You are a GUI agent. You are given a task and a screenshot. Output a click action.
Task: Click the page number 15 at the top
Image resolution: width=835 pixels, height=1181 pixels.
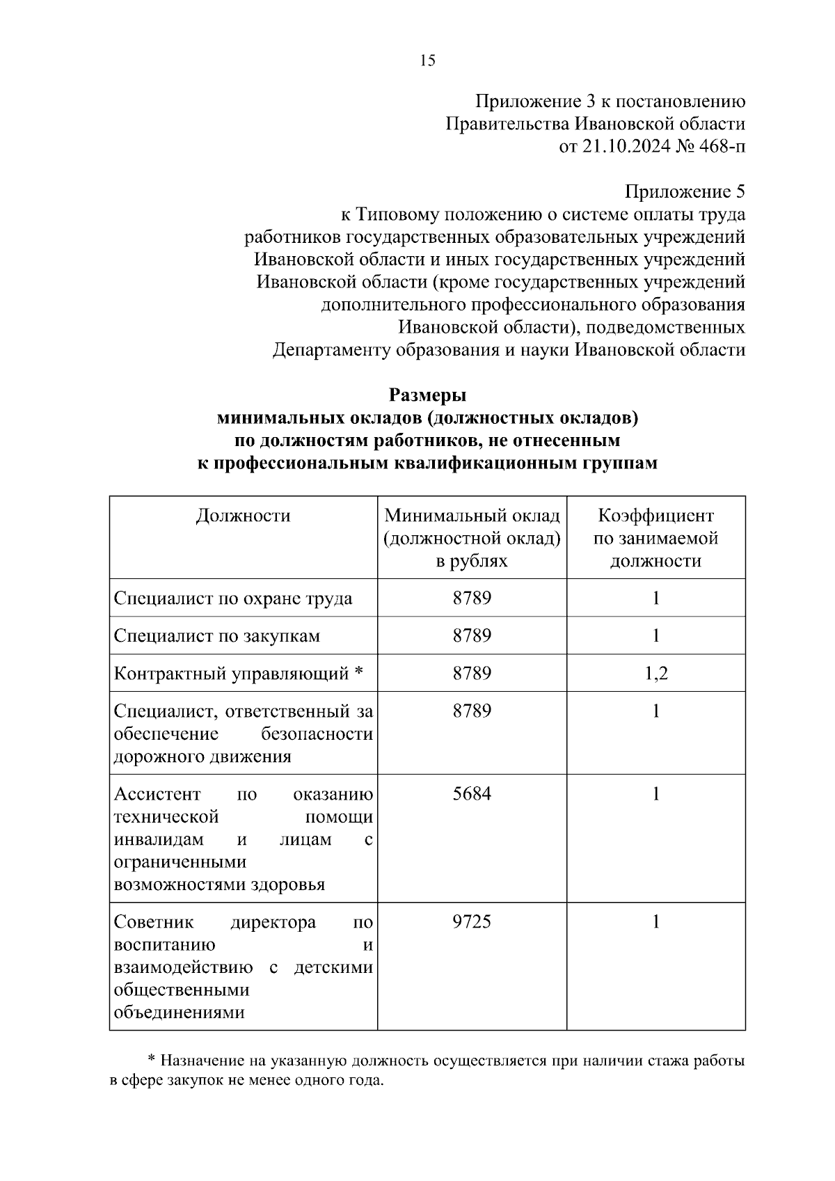pyautogui.click(x=427, y=61)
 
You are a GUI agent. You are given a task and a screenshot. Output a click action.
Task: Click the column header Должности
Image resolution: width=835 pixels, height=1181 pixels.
pyautogui.click(x=243, y=516)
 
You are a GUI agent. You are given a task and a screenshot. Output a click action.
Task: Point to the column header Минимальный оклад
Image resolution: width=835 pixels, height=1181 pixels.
pyautogui.click(x=472, y=516)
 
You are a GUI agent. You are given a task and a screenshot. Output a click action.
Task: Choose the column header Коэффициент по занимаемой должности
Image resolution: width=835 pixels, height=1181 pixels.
pyautogui.click(x=655, y=538)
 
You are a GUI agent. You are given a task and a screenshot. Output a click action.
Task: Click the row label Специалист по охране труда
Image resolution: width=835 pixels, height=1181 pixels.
pyautogui.click(x=233, y=599)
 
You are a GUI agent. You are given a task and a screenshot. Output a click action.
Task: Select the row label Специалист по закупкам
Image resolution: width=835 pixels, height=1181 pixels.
pyautogui.click(x=216, y=636)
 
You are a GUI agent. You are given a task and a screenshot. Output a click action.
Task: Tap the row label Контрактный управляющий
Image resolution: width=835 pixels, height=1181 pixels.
pyautogui.click(x=231, y=674)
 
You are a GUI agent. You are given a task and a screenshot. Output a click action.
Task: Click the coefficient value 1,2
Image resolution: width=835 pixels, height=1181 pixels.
pyautogui.click(x=655, y=674)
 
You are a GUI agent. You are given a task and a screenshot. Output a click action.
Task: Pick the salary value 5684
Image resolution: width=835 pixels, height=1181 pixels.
pyautogui.click(x=472, y=795)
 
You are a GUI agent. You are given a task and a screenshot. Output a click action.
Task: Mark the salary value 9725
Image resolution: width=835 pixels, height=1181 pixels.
pyautogui.click(x=472, y=922)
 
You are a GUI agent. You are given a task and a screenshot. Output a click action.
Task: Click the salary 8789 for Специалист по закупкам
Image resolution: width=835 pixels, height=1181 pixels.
pyautogui.click(x=472, y=636)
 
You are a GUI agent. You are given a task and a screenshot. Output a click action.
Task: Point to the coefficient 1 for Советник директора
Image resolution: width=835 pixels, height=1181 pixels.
pyautogui.click(x=655, y=922)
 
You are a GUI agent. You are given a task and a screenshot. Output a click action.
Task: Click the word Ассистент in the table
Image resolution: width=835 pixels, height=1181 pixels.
pyautogui.click(x=157, y=795)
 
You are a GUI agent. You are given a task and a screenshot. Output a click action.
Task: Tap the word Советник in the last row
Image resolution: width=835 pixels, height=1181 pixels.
pyautogui.click(x=154, y=923)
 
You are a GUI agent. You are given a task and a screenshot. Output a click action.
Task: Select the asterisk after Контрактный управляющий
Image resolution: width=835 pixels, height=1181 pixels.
pyautogui.click(x=358, y=673)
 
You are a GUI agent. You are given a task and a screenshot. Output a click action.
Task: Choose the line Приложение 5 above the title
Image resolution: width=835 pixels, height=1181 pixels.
pyautogui.click(x=685, y=192)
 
